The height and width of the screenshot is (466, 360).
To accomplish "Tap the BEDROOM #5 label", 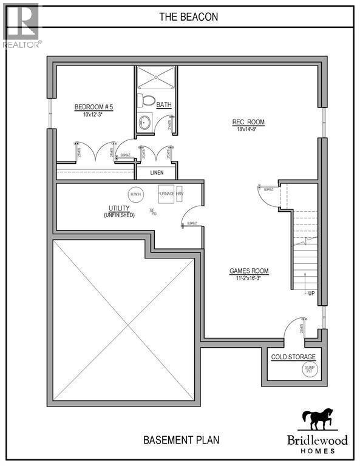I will point(94,107).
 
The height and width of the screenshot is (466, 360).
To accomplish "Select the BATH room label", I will point(164,104).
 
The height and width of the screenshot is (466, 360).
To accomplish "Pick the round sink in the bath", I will point(146,123).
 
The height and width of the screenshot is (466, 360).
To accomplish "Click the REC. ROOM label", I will point(248,122).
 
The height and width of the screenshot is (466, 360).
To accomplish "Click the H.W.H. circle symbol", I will point(135,194).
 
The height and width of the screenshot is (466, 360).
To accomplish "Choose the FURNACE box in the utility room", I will point(166,194).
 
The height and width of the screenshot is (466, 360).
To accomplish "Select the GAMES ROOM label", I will point(249,271).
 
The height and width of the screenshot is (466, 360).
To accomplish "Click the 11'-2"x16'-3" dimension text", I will point(249,279).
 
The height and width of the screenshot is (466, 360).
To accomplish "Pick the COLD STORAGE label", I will point(293,357).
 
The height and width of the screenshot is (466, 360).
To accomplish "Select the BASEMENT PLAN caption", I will point(181,439).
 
